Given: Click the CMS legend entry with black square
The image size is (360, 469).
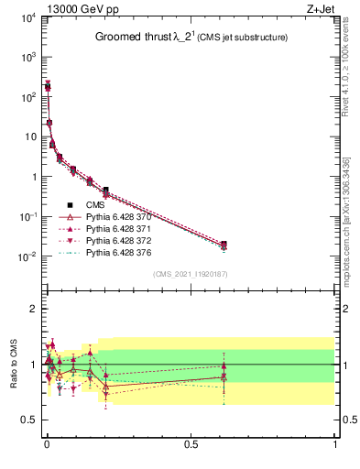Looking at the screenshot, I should pyautogui.click(x=95, y=204).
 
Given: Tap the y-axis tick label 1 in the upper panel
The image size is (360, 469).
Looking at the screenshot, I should pyautogui.click(x=30, y=177).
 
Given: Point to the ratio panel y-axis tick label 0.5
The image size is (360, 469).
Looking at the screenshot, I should pyautogui.click(x=27, y=420).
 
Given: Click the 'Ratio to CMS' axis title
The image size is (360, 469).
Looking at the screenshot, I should pyautogui.click(x=14, y=365).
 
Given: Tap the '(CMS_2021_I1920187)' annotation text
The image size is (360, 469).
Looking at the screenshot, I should pyautogui.click(x=190, y=273).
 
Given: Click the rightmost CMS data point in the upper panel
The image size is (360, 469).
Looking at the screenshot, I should pyautogui.click(x=224, y=245).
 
